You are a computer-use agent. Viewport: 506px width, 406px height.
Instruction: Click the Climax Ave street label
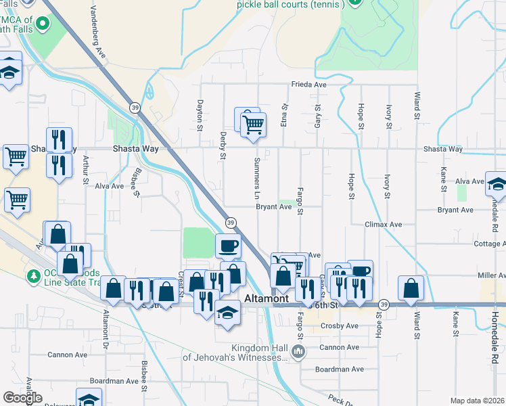click(384, 224)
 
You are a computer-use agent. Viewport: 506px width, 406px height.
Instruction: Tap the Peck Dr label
click(340, 399)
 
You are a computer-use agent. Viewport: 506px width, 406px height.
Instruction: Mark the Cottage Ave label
click(490, 244)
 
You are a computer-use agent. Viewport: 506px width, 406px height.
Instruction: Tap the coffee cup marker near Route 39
click(228, 245)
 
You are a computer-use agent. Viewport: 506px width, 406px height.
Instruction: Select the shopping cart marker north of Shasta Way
click(253, 124)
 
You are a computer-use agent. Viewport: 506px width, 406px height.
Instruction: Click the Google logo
click(22, 398)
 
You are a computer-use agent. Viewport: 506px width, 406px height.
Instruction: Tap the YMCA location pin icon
click(43, 25)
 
